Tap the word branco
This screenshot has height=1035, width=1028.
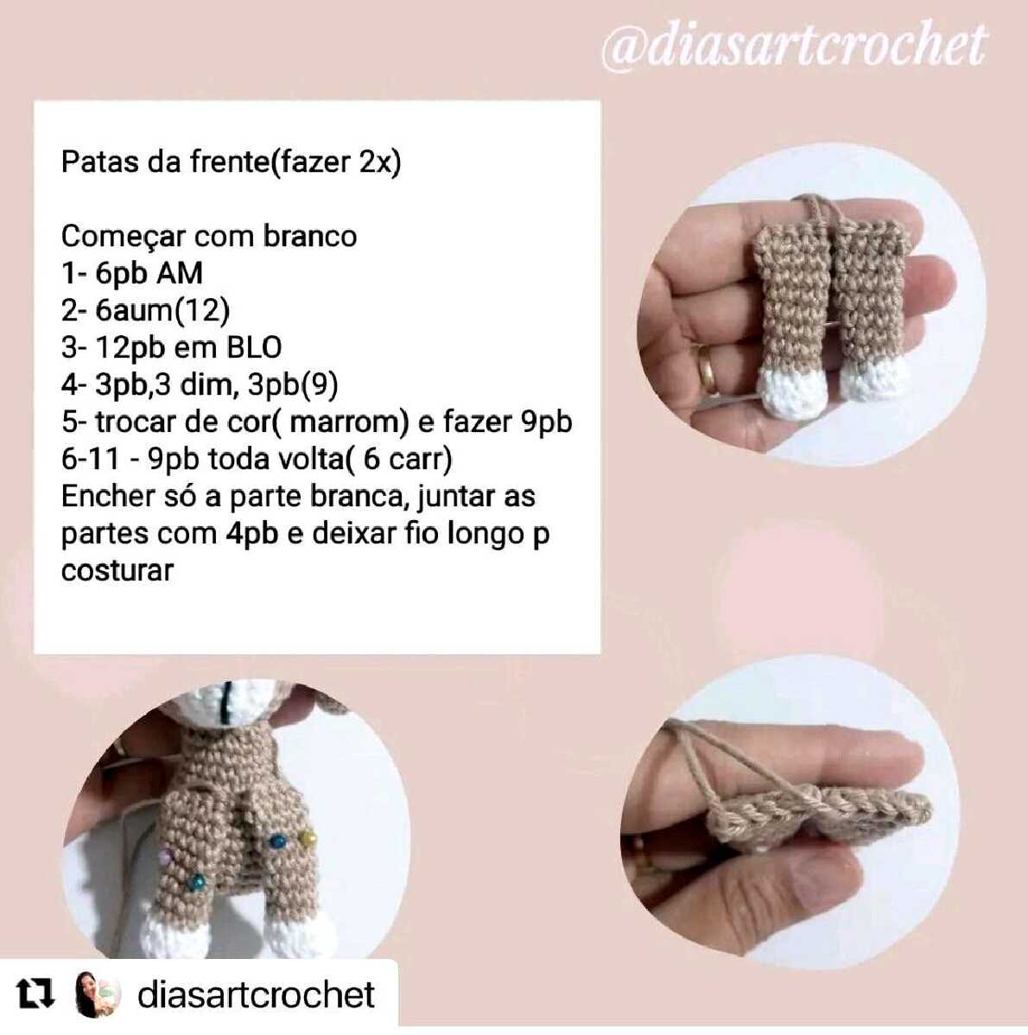click(310, 237)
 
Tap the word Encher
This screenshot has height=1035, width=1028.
click(105, 497)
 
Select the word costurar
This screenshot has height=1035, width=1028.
click(117, 571)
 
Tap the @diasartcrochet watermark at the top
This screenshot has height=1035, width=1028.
click(795, 45)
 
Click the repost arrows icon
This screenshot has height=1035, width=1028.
click(35, 994)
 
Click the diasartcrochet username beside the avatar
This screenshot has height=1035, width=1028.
click(256, 994)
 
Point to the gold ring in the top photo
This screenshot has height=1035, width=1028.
click(707, 370)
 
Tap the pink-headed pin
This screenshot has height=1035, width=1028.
click(164, 856)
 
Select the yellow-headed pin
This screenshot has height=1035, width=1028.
click(307, 838)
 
